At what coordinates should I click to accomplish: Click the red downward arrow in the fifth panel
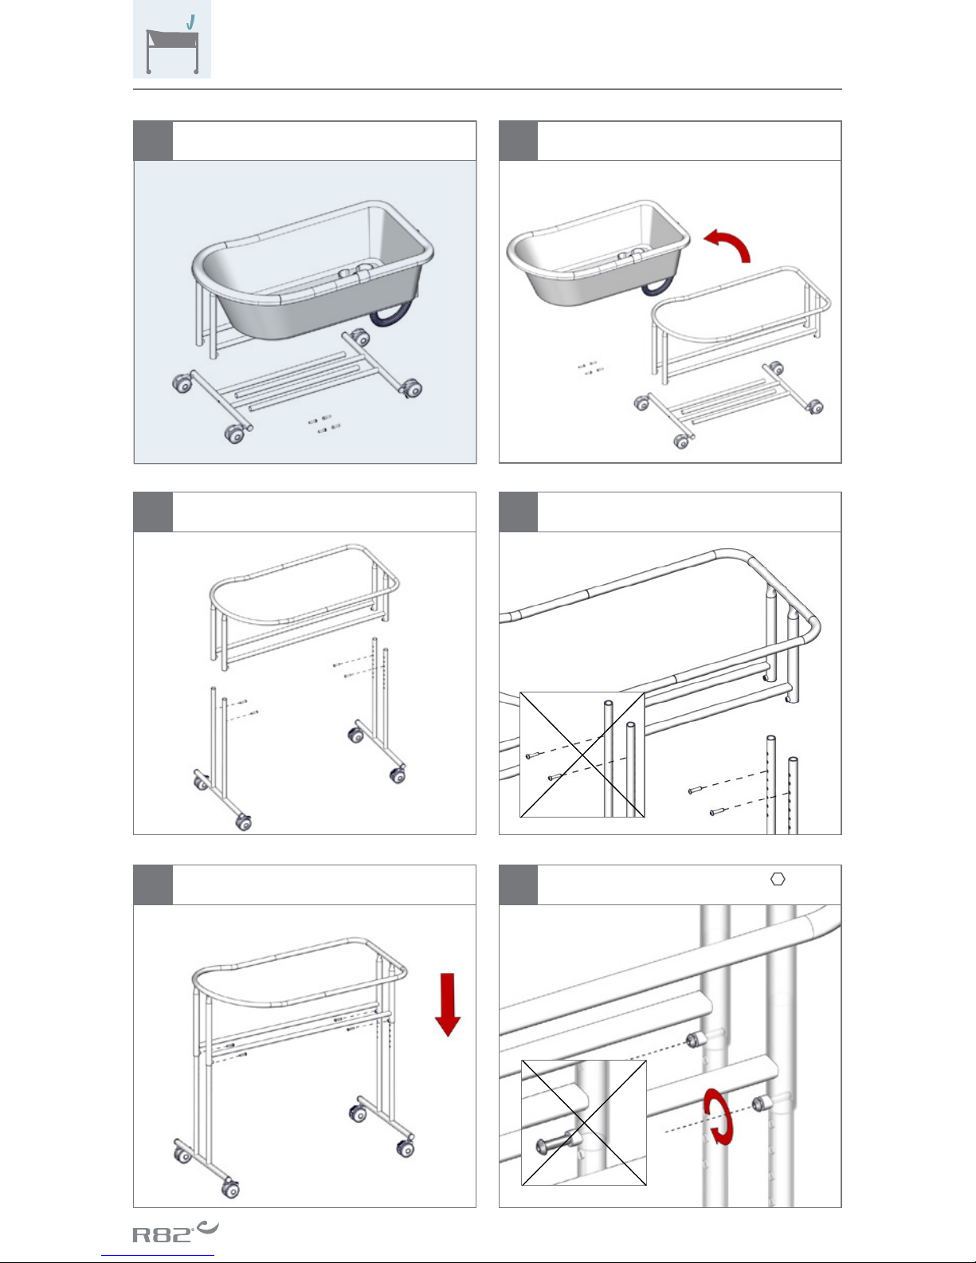(x=447, y=1004)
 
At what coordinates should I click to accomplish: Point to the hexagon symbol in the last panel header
(x=778, y=880)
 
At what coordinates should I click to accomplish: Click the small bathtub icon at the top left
(x=172, y=40)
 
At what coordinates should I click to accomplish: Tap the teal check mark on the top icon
(x=190, y=22)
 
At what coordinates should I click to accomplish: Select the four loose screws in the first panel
(x=323, y=424)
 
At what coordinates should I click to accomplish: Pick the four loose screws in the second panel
(x=591, y=367)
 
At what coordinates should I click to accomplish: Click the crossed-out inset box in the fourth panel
(x=582, y=755)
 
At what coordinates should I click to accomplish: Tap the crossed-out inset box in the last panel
(x=584, y=1122)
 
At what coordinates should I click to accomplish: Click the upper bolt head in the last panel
(x=693, y=1040)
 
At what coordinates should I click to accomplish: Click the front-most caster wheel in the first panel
(x=235, y=434)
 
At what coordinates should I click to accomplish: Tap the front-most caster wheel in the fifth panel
(x=230, y=1189)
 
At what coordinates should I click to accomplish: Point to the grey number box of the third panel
(x=153, y=512)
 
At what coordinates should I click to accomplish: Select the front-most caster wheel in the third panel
(x=244, y=822)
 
